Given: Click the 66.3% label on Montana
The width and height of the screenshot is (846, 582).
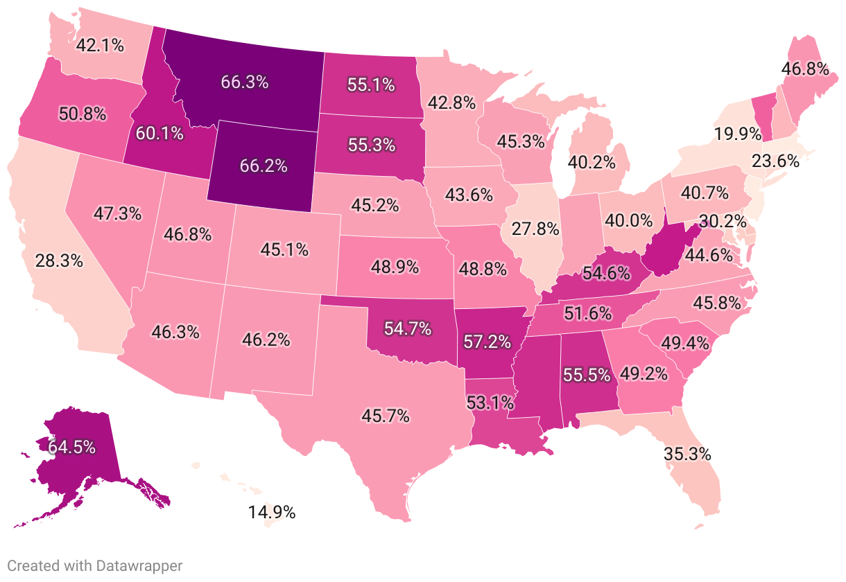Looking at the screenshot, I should click(244, 82).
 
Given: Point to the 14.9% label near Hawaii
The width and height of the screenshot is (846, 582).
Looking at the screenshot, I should click(272, 513).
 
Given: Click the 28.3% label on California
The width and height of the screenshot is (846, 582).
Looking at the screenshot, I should click(59, 261).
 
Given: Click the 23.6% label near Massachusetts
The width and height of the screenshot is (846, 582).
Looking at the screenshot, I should click(776, 161).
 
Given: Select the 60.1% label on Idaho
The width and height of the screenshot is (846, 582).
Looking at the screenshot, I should click(159, 132).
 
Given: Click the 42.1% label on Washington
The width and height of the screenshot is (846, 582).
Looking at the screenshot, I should click(100, 46).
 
